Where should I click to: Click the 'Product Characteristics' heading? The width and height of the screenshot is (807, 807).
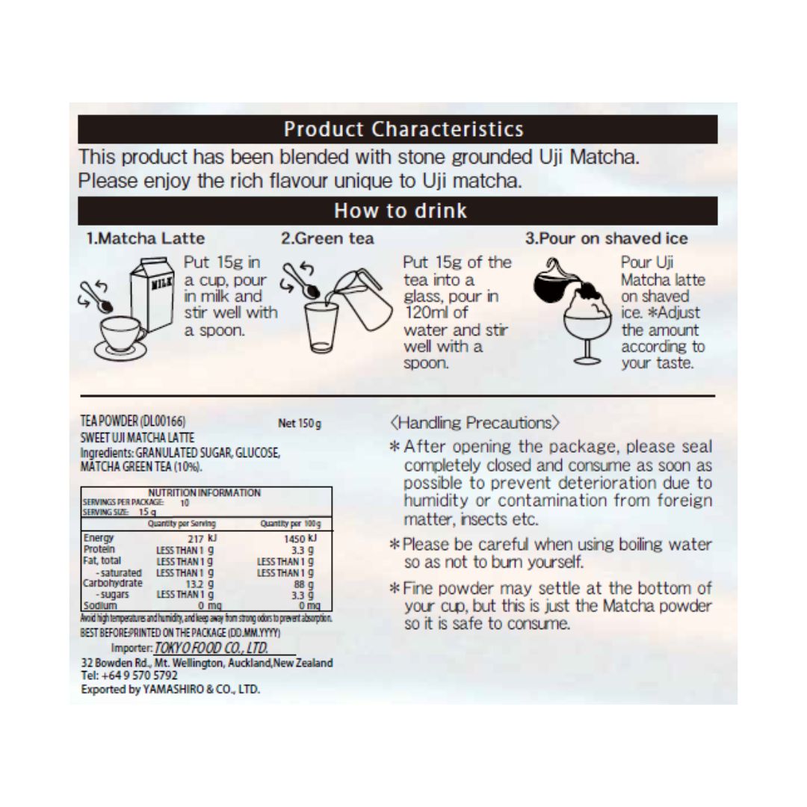point(403,129)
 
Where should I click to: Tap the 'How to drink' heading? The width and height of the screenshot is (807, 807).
point(400,211)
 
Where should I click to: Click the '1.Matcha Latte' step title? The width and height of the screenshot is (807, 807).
point(145,239)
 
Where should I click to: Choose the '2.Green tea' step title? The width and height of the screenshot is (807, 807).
point(327,239)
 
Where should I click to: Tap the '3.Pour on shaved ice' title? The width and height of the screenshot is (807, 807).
point(606,239)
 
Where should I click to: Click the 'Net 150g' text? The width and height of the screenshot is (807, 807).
point(299,424)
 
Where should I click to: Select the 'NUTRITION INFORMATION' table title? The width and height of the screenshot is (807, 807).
point(205,493)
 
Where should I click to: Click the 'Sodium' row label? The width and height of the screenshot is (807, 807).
point(100,605)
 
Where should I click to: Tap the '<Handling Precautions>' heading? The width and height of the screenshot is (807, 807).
point(474,423)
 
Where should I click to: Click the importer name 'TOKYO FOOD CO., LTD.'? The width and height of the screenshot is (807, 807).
point(211,648)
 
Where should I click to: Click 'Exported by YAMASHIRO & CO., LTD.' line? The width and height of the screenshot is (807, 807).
point(170,689)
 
